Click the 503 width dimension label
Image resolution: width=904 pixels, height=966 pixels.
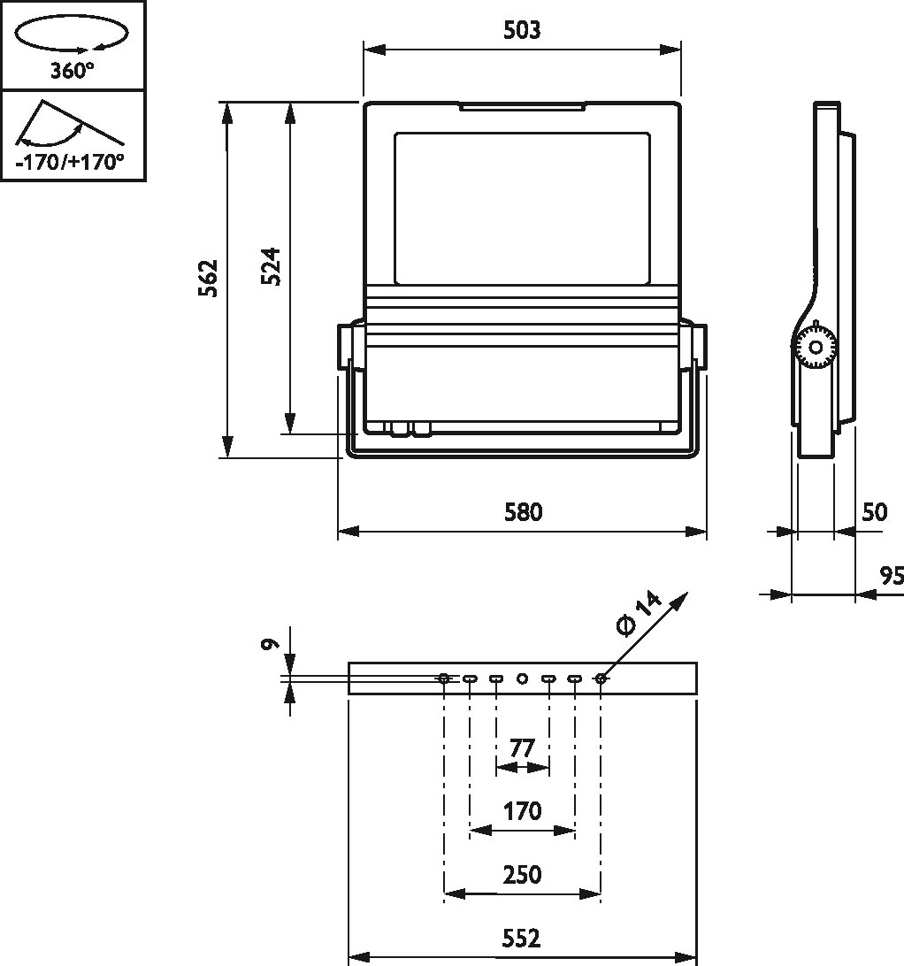coord(522,30)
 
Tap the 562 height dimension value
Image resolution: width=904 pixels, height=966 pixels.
coord(208,279)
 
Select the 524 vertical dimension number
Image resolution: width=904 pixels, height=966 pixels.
coord(271,266)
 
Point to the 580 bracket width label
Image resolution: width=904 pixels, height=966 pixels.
coord(523,512)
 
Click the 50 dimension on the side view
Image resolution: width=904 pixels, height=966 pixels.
coord(875,512)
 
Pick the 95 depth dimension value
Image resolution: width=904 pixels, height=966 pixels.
coord(891,576)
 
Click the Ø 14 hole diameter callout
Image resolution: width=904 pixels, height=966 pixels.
coord(639,614)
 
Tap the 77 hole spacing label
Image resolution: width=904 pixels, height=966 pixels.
coord(521,748)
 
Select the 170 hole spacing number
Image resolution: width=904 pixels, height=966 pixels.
coord(523,811)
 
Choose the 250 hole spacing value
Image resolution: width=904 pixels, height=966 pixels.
coord(522,875)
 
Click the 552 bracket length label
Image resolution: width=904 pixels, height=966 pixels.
coord(521,939)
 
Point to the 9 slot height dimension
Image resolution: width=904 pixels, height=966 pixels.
coord(270,644)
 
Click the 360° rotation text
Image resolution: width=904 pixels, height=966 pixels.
coord(73,72)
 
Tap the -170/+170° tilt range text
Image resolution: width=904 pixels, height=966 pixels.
coord(70,163)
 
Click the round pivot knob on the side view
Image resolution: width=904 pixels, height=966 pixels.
coord(815,348)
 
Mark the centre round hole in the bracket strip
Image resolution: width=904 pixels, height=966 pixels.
coord(522,678)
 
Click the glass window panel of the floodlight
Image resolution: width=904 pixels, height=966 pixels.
coord(522,208)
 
